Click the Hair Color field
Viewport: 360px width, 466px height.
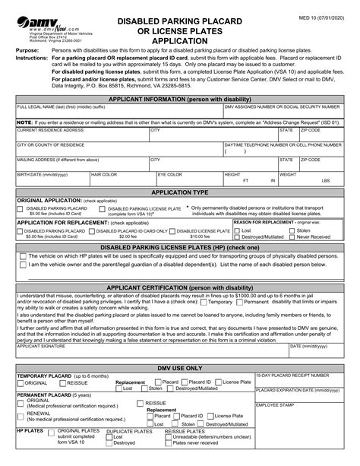click(x=122, y=180)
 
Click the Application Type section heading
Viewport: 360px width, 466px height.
click(x=180, y=193)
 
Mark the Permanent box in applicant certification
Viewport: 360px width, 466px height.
click(x=247, y=281)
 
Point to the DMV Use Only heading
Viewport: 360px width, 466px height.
click(x=180, y=366)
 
